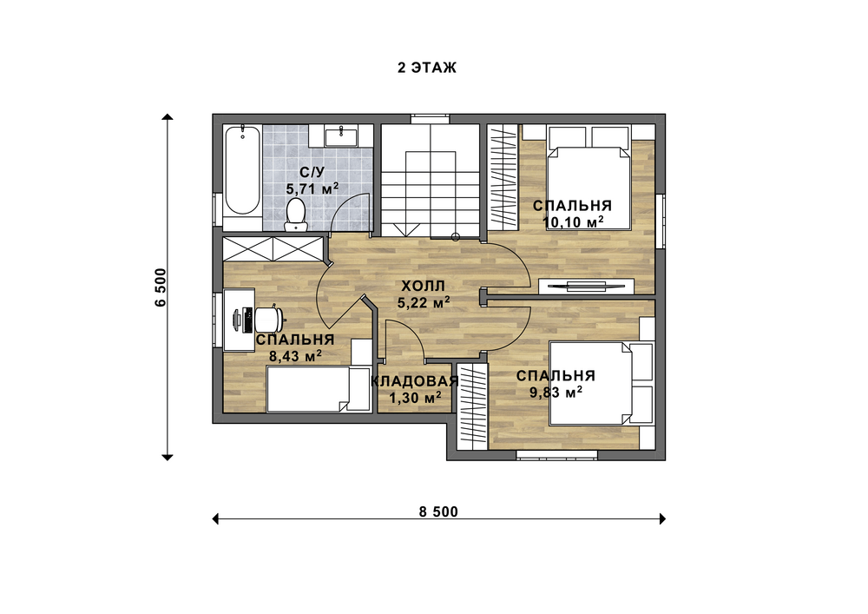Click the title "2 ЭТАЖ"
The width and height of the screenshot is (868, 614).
point(427,68)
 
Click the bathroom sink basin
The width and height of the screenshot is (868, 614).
point(340,135)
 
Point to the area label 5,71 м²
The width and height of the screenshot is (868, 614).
point(312,188)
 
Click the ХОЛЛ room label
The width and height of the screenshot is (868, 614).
point(423,287)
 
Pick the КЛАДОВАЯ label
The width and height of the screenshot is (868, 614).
point(414,381)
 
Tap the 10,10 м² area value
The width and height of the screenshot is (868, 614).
point(573,222)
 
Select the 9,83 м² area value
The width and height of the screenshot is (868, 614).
point(556,393)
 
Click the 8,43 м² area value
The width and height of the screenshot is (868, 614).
point(296,356)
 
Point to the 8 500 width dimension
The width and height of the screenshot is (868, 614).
point(438,512)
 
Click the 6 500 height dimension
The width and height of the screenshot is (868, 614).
point(161,287)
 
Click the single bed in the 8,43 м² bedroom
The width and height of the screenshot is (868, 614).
point(318,390)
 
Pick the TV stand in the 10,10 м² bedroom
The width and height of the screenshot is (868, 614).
point(586,286)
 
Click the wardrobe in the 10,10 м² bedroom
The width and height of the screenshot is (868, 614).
point(504,177)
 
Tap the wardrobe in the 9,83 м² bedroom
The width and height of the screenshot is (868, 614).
point(471,406)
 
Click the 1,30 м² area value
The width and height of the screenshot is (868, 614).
point(415,398)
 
